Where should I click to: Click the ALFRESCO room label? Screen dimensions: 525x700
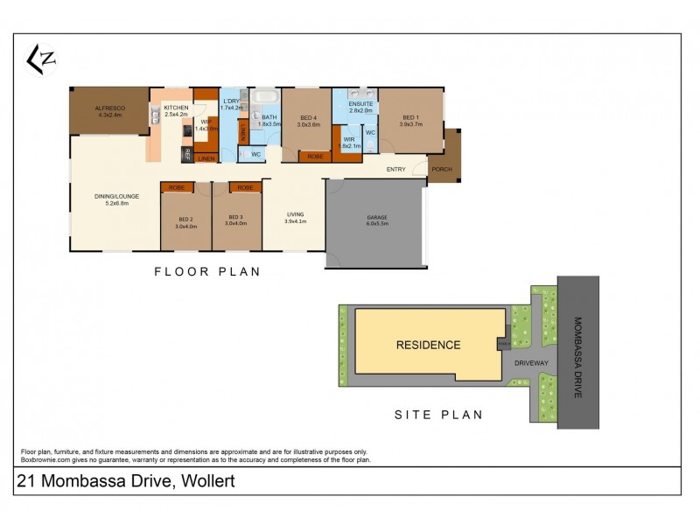(111, 108)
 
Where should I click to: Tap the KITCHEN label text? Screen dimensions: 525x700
(176, 108)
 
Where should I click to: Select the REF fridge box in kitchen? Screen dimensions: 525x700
(185, 154)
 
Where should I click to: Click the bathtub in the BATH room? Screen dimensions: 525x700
(264, 95)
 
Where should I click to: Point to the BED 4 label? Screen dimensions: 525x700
(308, 118)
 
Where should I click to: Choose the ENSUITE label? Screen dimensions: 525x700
(361, 104)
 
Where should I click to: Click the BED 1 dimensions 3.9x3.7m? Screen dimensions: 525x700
(410, 124)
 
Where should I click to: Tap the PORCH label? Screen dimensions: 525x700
(442, 168)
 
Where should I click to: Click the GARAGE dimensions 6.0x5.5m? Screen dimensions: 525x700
(377, 223)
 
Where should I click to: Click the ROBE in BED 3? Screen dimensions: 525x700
(246, 187)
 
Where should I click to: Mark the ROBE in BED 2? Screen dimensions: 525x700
(177, 187)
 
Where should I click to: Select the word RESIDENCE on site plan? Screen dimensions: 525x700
(428, 345)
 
